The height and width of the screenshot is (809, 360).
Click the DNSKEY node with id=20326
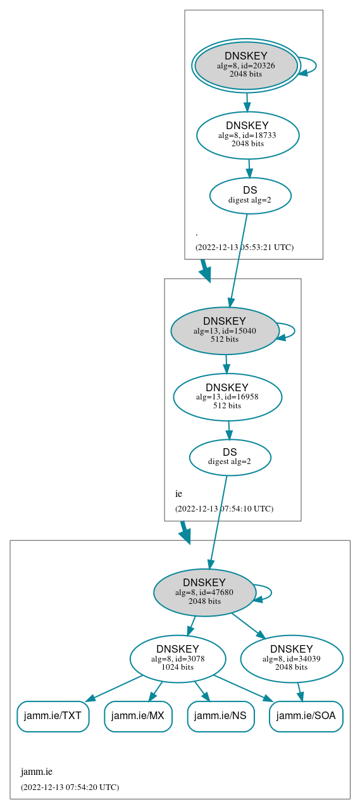(x=246, y=66)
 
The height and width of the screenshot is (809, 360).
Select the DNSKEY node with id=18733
(x=247, y=135)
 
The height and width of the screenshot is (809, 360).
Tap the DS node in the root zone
(x=250, y=195)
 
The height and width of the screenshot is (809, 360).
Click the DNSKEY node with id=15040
(x=225, y=330)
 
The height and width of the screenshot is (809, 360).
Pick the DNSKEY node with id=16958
(x=227, y=397)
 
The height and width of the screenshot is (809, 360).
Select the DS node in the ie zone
(x=230, y=457)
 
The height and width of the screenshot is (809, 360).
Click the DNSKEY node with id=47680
(x=204, y=593)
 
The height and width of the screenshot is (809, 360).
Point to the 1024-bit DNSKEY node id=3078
(x=178, y=659)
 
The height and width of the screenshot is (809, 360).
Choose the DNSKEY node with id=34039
(x=292, y=659)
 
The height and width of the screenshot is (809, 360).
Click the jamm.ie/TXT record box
(x=53, y=716)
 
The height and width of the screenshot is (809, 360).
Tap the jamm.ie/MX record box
(x=138, y=716)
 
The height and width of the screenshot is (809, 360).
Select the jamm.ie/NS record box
(x=220, y=716)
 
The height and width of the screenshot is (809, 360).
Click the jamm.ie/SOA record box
(x=306, y=716)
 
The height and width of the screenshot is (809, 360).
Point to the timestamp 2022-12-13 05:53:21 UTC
(x=244, y=247)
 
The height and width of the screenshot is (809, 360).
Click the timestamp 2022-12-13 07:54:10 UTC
(x=224, y=508)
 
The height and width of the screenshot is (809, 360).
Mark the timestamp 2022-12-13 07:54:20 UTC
(x=70, y=787)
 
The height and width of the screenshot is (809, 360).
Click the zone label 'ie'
(x=178, y=494)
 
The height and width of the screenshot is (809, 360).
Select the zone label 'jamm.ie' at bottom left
(x=37, y=772)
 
